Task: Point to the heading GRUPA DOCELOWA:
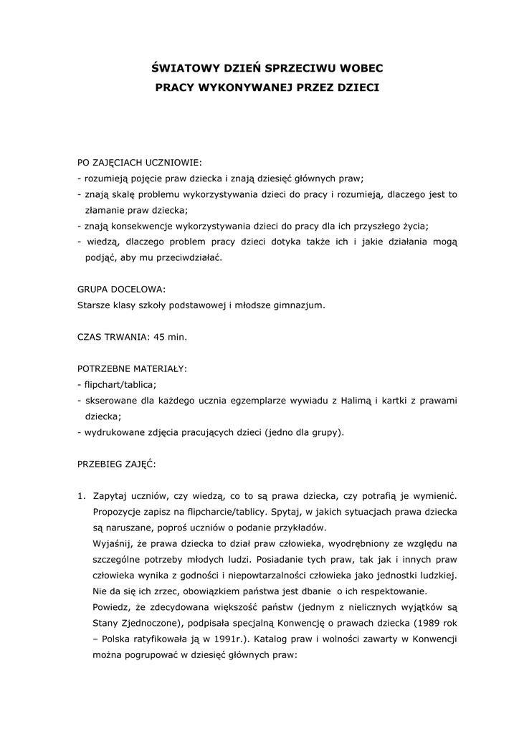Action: (121, 289)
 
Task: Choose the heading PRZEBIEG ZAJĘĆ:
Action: (115, 464)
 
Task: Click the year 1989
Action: (426, 623)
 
